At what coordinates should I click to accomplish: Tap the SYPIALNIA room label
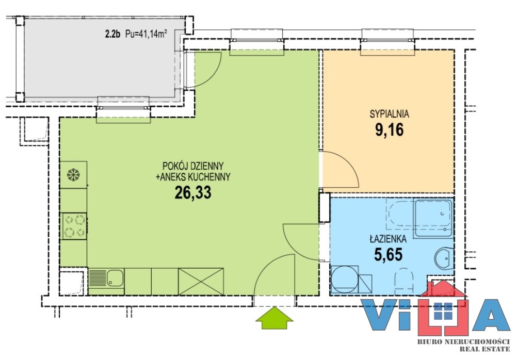tap(389, 114)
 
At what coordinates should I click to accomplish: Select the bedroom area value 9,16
tap(389, 130)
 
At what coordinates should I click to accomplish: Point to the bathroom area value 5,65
tap(388, 254)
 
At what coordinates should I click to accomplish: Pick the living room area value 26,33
tap(193, 192)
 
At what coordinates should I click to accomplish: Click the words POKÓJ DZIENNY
tap(193, 165)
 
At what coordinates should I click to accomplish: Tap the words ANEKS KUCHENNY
tap(196, 177)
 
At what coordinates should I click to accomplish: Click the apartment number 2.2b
tap(112, 34)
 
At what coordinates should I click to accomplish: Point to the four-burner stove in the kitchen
tap(74, 226)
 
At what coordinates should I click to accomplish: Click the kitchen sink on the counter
tap(115, 278)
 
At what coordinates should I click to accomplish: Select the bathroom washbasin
tap(444, 258)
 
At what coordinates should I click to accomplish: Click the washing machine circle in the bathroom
tap(345, 279)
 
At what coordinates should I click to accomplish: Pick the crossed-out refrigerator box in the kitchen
tap(201, 282)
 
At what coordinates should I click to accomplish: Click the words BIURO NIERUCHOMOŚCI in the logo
tap(463, 341)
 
